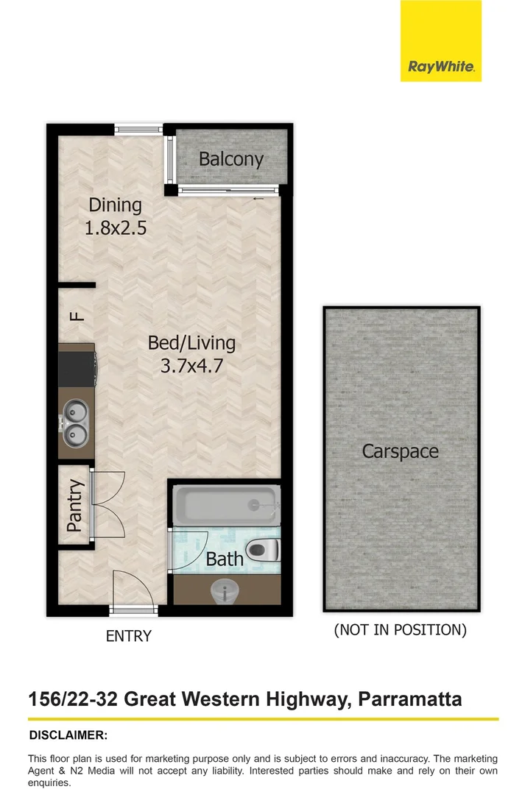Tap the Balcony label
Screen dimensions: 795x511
click(x=230, y=159)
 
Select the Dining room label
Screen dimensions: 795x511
click(x=115, y=205)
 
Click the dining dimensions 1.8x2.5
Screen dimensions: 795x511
click(x=116, y=228)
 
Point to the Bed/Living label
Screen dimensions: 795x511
click(x=191, y=342)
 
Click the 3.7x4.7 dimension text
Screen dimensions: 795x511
click(x=191, y=365)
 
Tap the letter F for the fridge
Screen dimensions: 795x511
click(x=76, y=317)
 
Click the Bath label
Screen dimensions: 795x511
click(x=224, y=559)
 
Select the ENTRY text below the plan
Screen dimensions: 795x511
click(x=129, y=636)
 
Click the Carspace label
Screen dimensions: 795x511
click(x=400, y=451)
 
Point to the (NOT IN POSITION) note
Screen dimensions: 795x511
click(x=401, y=630)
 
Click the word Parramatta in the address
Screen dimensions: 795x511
click(x=410, y=698)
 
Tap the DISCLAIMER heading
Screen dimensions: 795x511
click(x=68, y=735)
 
